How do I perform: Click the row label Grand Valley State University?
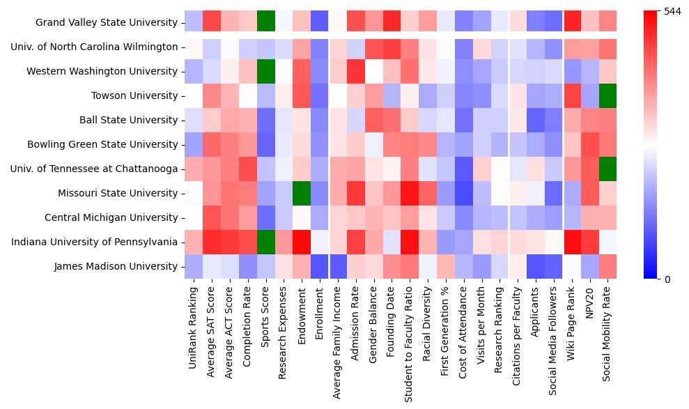click(107, 23)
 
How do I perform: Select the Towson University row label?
click(134, 96)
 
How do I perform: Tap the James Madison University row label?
click(116, 267)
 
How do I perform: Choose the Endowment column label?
click(302, 310)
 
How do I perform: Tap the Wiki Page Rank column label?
click(571, 321)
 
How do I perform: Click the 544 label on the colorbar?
click(672, 11)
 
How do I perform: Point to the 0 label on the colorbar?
click(667, 279)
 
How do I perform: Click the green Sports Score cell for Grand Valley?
click(265, 23)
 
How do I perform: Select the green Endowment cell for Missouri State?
click(302, 194)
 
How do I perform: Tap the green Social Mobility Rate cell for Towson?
click(607, 96)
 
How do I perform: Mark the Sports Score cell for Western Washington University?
click(265, 72)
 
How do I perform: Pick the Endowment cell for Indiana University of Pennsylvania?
click(302, 242)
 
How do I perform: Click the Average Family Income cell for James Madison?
click(338, 267)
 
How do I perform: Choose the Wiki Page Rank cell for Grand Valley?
click(571, 23)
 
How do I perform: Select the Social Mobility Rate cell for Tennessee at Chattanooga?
click(607, 169)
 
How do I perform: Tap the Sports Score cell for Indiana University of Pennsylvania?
click(265, 242)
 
